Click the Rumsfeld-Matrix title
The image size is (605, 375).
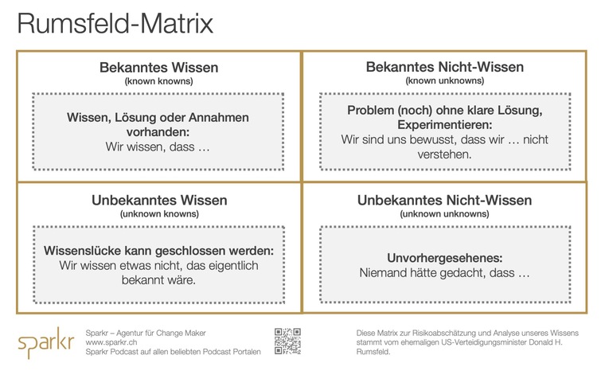click(115, 23)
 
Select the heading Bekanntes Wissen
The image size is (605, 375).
click(158, 68)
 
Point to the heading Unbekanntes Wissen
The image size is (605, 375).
click(158, 200)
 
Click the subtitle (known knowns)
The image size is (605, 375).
click(158, 81)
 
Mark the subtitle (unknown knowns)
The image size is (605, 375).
click(158, 213)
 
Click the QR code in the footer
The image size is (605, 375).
click(287, 340)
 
